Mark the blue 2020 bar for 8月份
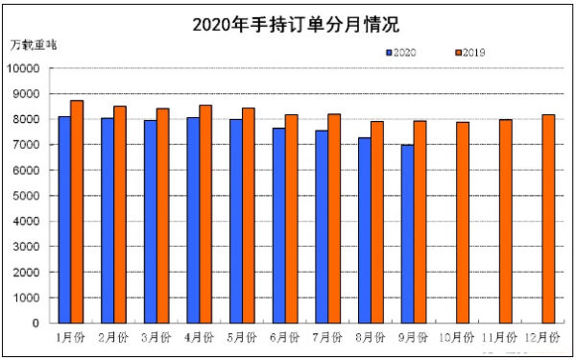click(365, 230)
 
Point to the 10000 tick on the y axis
click(25, 68)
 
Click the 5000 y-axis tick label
click(29, 196)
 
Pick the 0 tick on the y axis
click(36, 324)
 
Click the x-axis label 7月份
click(328, 338)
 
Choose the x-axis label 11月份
click(500, 338)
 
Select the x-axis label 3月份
click(156, 338)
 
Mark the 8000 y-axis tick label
click(29, 119)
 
